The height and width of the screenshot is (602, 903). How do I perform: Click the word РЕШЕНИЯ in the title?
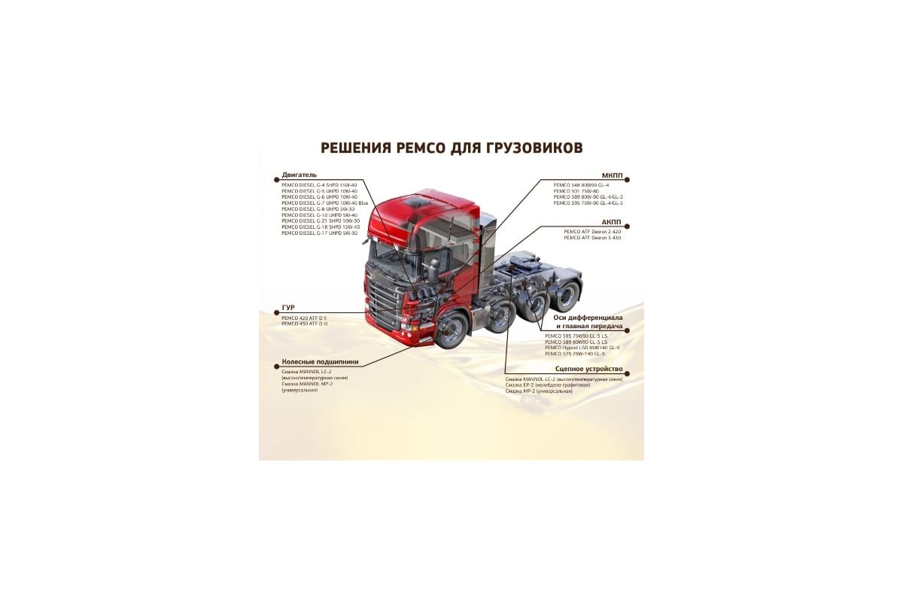click(355, 147)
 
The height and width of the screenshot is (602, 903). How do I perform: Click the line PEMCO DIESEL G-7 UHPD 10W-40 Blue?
click(324, 202)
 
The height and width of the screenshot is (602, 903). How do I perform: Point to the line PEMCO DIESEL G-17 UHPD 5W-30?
click(320, 233)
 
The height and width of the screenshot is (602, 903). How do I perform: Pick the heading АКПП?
click(612, 224)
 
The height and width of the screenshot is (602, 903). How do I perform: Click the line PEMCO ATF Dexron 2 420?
click(582, 232)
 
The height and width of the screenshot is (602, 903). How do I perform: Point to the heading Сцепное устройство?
click(588, 369)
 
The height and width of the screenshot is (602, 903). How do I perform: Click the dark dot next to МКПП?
click(627, 179)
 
